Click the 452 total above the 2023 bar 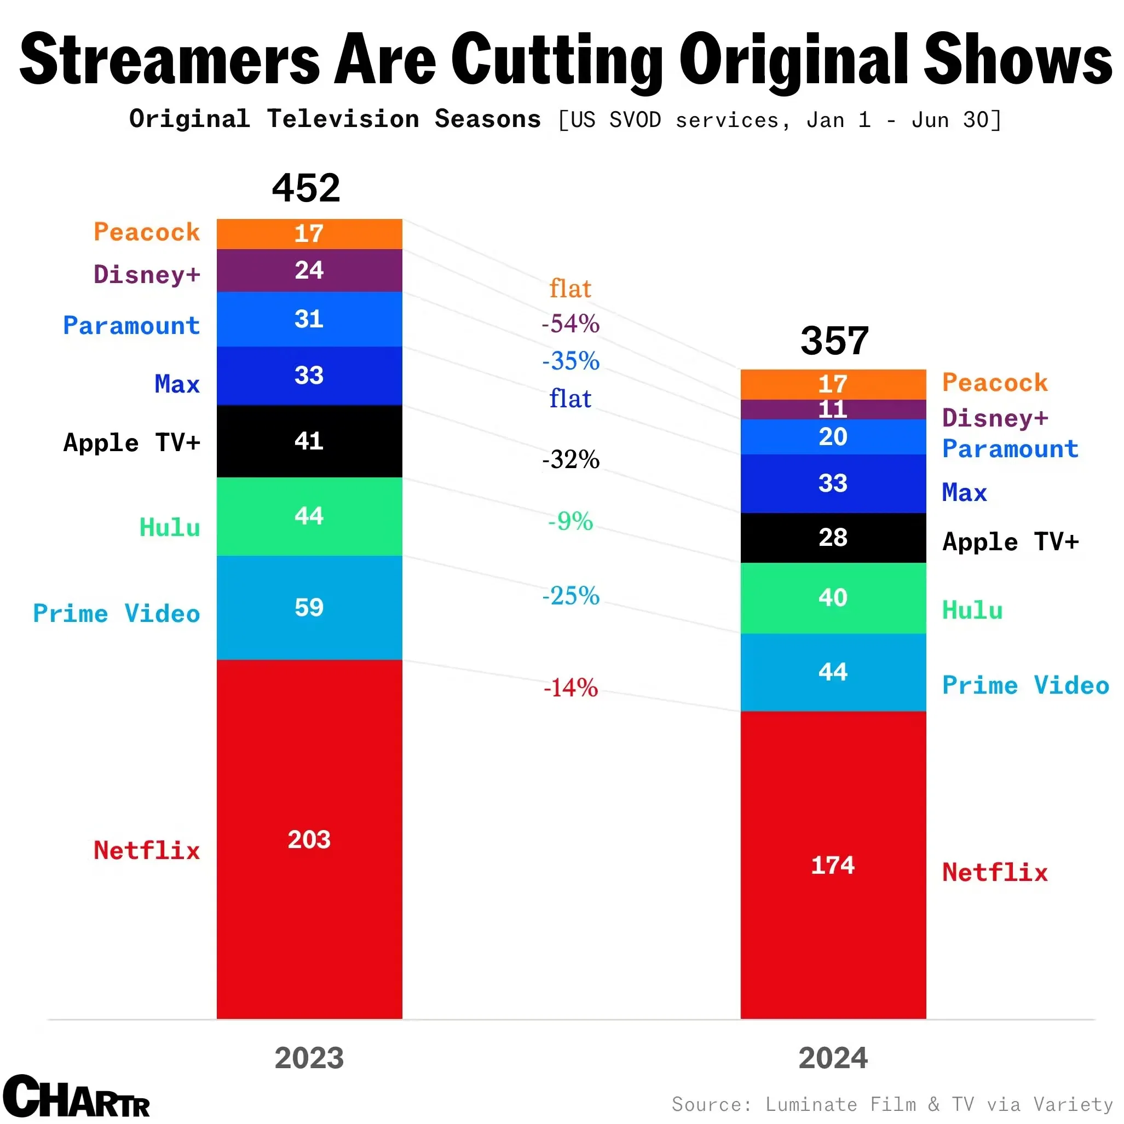(306, 188)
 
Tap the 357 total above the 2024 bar (834, 341)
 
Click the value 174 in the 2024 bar (833, 865)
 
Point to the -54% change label (570, 324)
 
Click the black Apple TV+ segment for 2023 (309, 441)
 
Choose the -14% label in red (570, 688)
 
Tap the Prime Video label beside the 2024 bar (1025, 685)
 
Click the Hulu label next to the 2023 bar (170, 528)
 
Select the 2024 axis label (833, 1058)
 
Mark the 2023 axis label (309, 1058)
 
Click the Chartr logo (76, 1096)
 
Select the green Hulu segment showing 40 (833, 598)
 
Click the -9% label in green (570, 521)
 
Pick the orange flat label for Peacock (570, 289)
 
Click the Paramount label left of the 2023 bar (131, 325)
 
